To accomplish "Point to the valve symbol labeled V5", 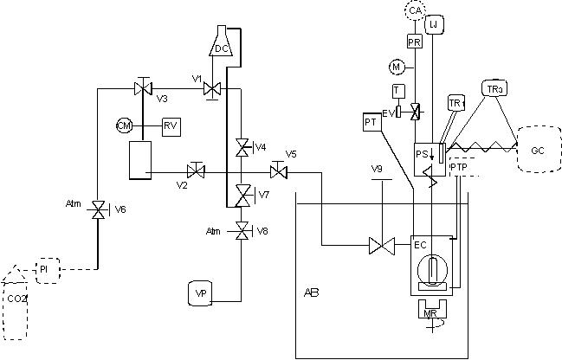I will coord(277,168).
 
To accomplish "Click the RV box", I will coord(171,126).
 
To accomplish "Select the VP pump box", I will coord(201,293).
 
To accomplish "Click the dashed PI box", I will coord(46,269).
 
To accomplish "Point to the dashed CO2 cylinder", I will coord(17,294).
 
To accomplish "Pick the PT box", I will coord(371,123).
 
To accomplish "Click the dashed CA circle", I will coord(417,10).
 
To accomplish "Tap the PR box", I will coord(414,41).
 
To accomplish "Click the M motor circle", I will coord(397,67).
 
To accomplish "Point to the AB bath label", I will coord(312,292).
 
